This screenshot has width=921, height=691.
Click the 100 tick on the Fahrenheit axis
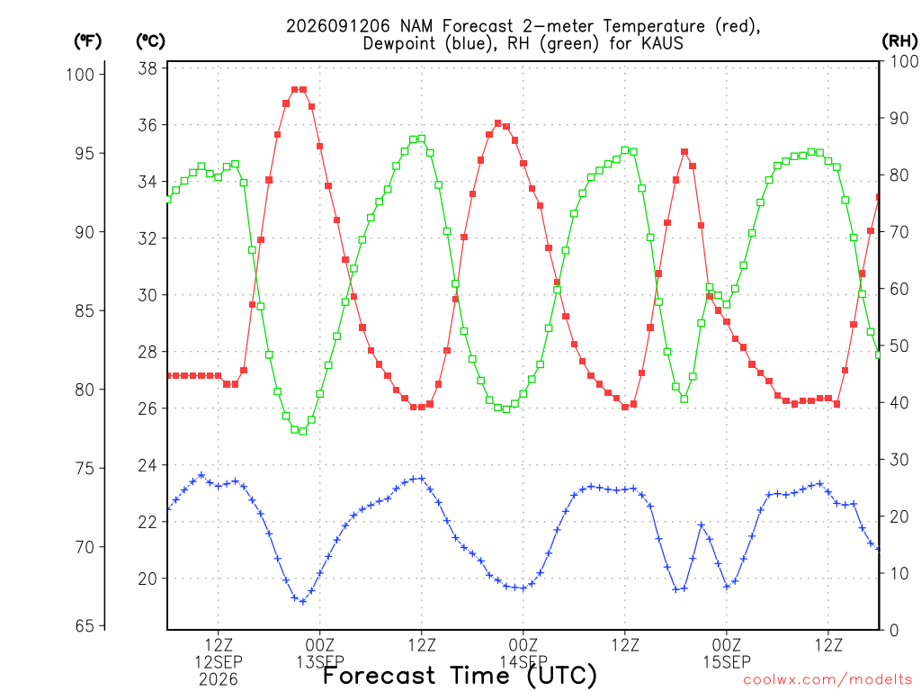point(80,75)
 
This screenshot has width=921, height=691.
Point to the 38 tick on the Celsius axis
point(148,68)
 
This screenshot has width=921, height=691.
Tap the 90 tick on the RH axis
point(899,118)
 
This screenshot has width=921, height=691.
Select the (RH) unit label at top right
point(899,41)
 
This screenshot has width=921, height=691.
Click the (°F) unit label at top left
point(87,41)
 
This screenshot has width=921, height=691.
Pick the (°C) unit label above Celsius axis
point(150,41)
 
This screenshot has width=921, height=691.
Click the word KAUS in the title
point(663,43)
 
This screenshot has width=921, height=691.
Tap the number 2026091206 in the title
point(338,26)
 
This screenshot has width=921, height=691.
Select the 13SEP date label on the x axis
point(320,662)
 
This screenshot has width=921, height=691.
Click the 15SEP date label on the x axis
point(727,662)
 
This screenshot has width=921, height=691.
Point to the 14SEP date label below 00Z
point(523,662)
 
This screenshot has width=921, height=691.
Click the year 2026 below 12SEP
point(219,680)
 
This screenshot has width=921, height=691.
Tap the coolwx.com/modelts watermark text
point(827,680)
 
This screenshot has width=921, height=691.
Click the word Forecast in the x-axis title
point(380,676)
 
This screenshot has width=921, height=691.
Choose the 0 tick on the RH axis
point(894,631)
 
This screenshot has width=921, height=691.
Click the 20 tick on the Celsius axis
point(148,579)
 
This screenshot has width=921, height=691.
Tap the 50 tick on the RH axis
point(899,346)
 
